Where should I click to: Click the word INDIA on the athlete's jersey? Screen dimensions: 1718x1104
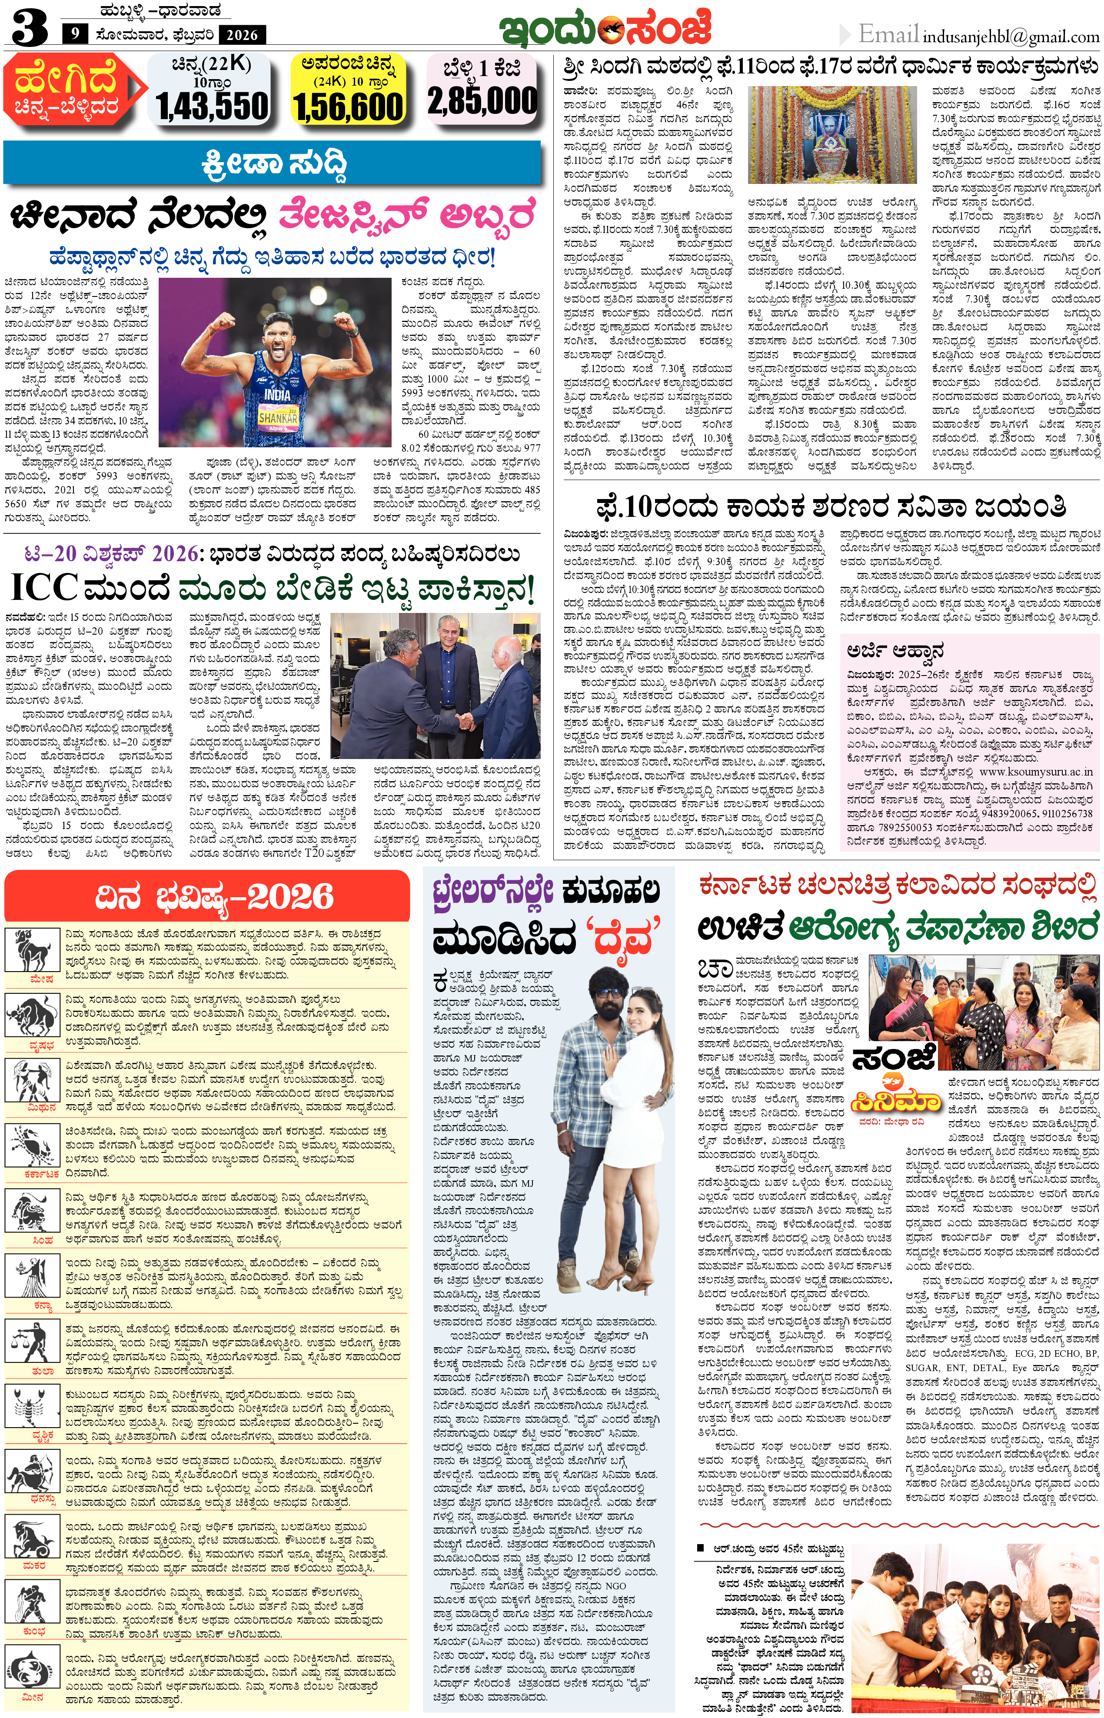(x=277, y=394)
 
